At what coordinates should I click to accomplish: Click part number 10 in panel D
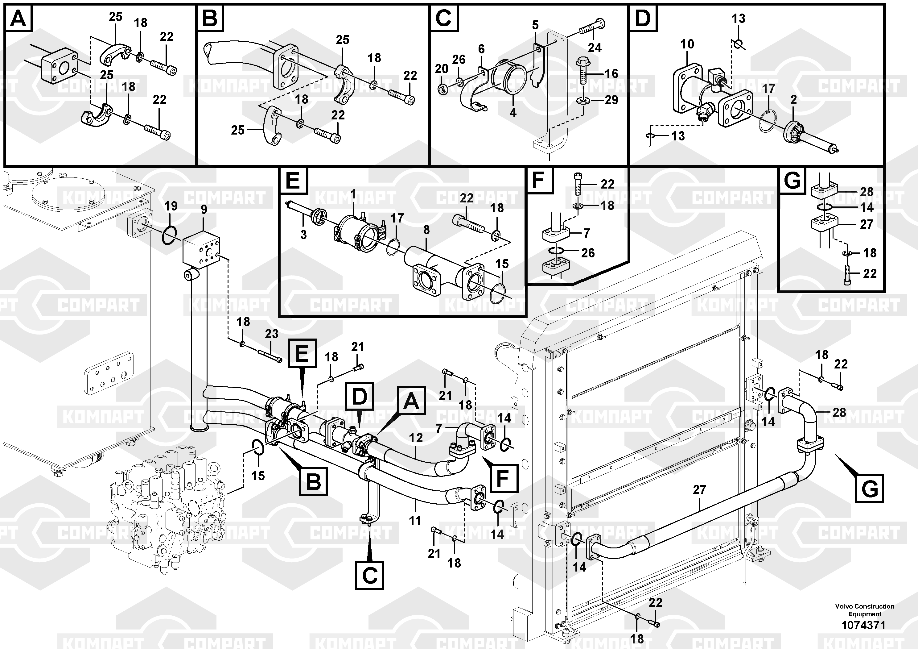[x=687, y=44]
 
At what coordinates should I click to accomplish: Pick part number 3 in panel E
[x=303, y=235]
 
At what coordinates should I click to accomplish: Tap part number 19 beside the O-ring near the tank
[x=171, y=206]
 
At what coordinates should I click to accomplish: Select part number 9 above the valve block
[x=204, y=209]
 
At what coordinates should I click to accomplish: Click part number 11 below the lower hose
[x=415, y=521]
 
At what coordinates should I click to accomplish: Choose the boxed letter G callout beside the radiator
[x=869, y=489]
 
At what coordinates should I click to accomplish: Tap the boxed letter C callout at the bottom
[x=369, y=575]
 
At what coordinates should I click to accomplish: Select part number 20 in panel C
[x=441, y=69]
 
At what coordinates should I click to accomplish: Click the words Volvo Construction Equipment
[x=864, y=610]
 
